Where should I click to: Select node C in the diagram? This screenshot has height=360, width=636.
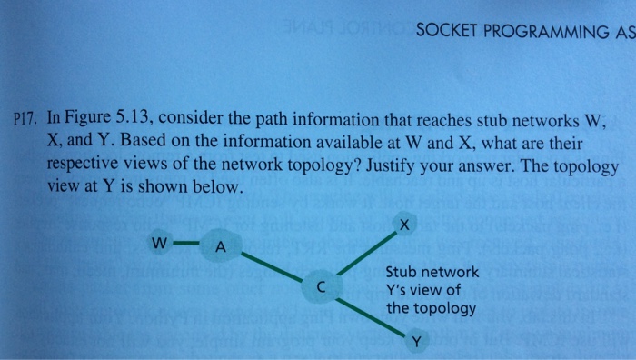[321, 285]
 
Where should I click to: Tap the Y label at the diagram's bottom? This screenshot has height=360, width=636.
[415, 342]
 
